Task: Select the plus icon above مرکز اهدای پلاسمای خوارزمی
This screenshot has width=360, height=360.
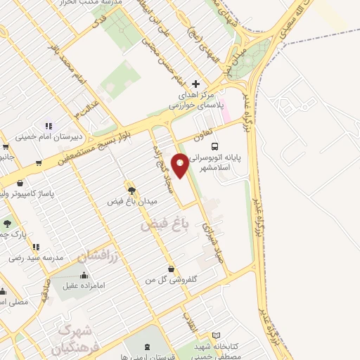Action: click(196, 84)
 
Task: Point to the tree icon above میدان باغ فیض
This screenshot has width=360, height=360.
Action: click(131, 188)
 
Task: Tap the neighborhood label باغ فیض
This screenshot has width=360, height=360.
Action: click(166, 224)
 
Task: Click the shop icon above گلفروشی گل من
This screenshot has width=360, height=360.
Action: click(172, 268)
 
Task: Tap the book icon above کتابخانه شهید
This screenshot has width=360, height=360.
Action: click(217, 335)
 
